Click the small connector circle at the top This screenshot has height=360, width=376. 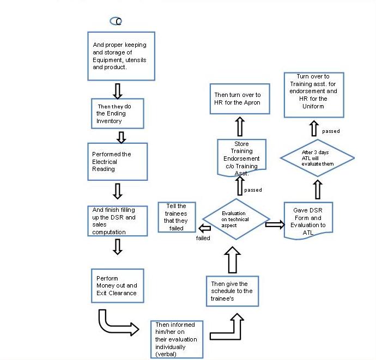[116, 21]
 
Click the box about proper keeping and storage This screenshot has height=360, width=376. [121, 56]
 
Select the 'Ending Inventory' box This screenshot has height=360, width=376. [118, 113]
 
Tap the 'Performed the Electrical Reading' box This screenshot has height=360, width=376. [118, 162]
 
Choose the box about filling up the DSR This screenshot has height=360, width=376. [118, 221]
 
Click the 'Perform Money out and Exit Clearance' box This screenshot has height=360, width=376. [118, 286]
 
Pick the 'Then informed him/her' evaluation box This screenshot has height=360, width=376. [177, 339]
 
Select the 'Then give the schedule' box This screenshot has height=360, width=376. [232, 291]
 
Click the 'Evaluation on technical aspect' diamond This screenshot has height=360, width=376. [236, 219]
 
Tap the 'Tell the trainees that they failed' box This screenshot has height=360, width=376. [177, 217]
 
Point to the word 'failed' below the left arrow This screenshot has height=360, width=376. [203, 238]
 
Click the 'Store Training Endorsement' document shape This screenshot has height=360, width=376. [241, 158]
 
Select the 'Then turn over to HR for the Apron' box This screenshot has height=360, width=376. [240, 99]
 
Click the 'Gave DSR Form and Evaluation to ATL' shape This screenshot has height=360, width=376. [308, 221]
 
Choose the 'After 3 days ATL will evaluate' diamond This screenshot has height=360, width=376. [318, 158]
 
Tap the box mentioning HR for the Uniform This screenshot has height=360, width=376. [314, 95]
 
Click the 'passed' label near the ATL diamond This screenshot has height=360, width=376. [331, 131]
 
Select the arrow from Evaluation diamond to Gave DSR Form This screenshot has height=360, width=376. [275, 224]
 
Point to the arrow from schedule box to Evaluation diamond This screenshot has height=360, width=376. [232, 260]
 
